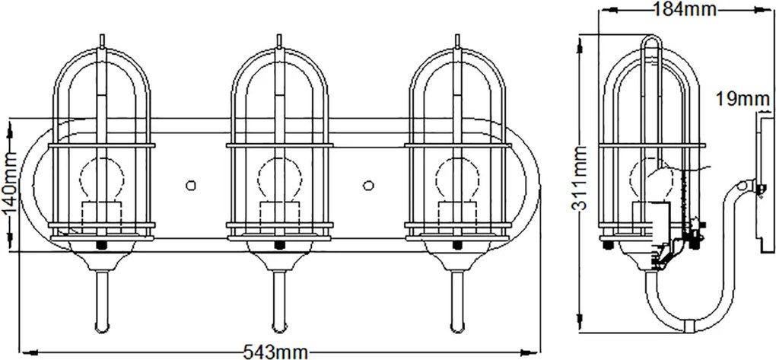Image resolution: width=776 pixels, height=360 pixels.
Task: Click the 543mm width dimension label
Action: [x=275, y=352]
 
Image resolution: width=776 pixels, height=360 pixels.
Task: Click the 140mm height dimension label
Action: [x=10, y=184]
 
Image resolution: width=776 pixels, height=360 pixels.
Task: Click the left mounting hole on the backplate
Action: [x=190, y=185]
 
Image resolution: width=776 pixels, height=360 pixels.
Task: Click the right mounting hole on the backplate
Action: [x=368, y=185]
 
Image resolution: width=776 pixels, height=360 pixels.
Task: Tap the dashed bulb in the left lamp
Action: [x=101, y=180]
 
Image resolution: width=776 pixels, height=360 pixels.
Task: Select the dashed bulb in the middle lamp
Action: [x=280, y=180]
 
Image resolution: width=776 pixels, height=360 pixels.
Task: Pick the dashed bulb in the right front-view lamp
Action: [x=458, y=180]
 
